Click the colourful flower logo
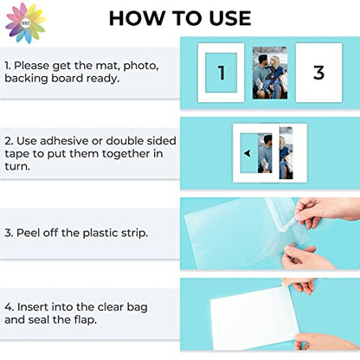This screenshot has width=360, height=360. coord(25,23)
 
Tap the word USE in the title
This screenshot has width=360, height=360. coord(230,18)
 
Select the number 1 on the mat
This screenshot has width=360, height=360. coord(222,73)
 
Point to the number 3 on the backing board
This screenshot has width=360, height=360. coord(318,73)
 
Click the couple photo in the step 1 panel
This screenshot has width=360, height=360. coord(270,73)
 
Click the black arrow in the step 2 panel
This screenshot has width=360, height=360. coord(247,153)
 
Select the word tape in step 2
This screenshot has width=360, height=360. coord(16,154)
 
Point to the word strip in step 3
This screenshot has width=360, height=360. coord(134,234)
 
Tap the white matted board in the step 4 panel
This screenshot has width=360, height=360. coord(254,315)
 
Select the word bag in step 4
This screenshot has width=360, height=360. coord(138,307)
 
